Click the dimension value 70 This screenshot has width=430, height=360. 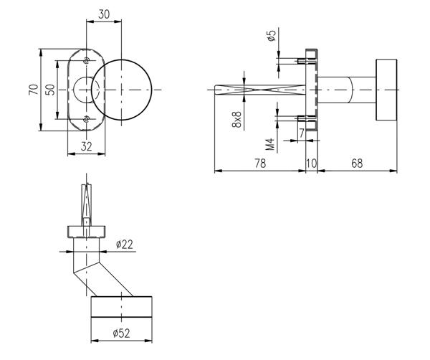click(32, 90)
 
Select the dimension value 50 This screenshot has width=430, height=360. click(49, 90)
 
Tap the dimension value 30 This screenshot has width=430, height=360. click(105, 13)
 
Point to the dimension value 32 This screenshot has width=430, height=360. click(86, 146)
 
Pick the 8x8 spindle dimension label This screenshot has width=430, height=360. click(237, 118)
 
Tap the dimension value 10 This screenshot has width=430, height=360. click(312, 164)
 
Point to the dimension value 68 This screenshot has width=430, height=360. click(356, 164)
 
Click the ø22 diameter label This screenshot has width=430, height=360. click(125, 245)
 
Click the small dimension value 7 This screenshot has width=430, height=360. click(302, 132)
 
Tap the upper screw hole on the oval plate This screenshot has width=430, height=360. click(86, 60)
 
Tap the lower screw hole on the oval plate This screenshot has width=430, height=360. click(86, 119)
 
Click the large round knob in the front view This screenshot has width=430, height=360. click(125, 89)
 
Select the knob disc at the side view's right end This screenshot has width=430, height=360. click(385, 90)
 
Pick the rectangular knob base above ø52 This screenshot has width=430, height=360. click(122, 307)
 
